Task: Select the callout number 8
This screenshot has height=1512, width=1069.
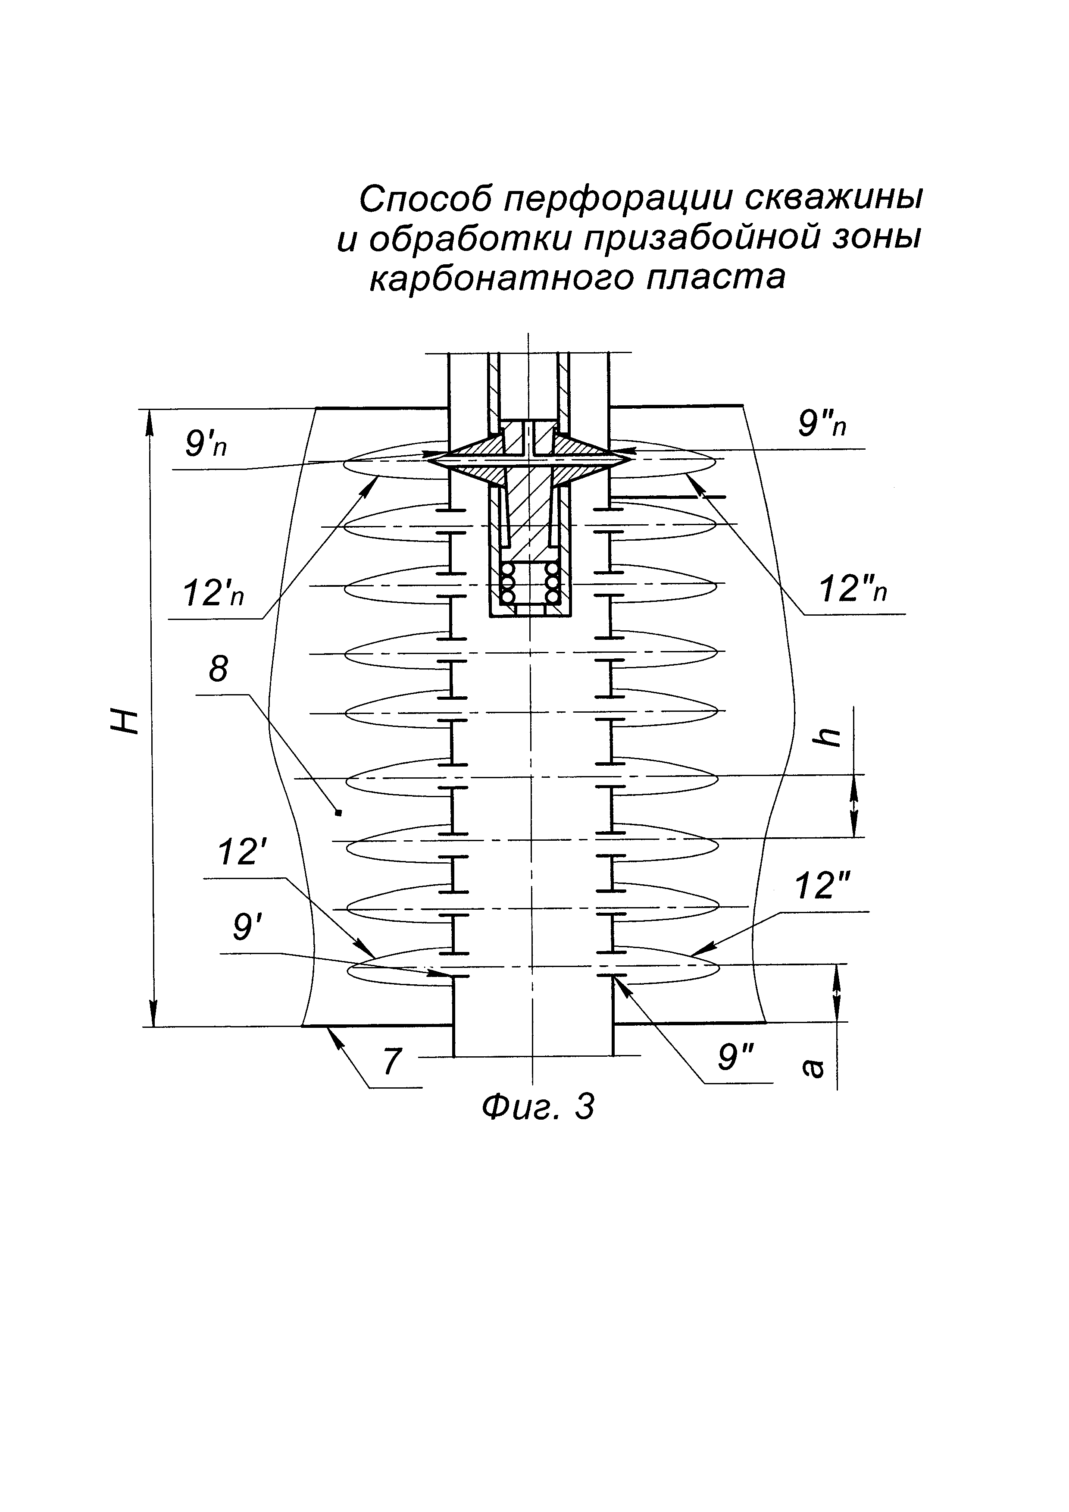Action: (x=218, y=669)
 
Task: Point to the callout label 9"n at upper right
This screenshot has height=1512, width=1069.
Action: (x=822, y=425)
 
